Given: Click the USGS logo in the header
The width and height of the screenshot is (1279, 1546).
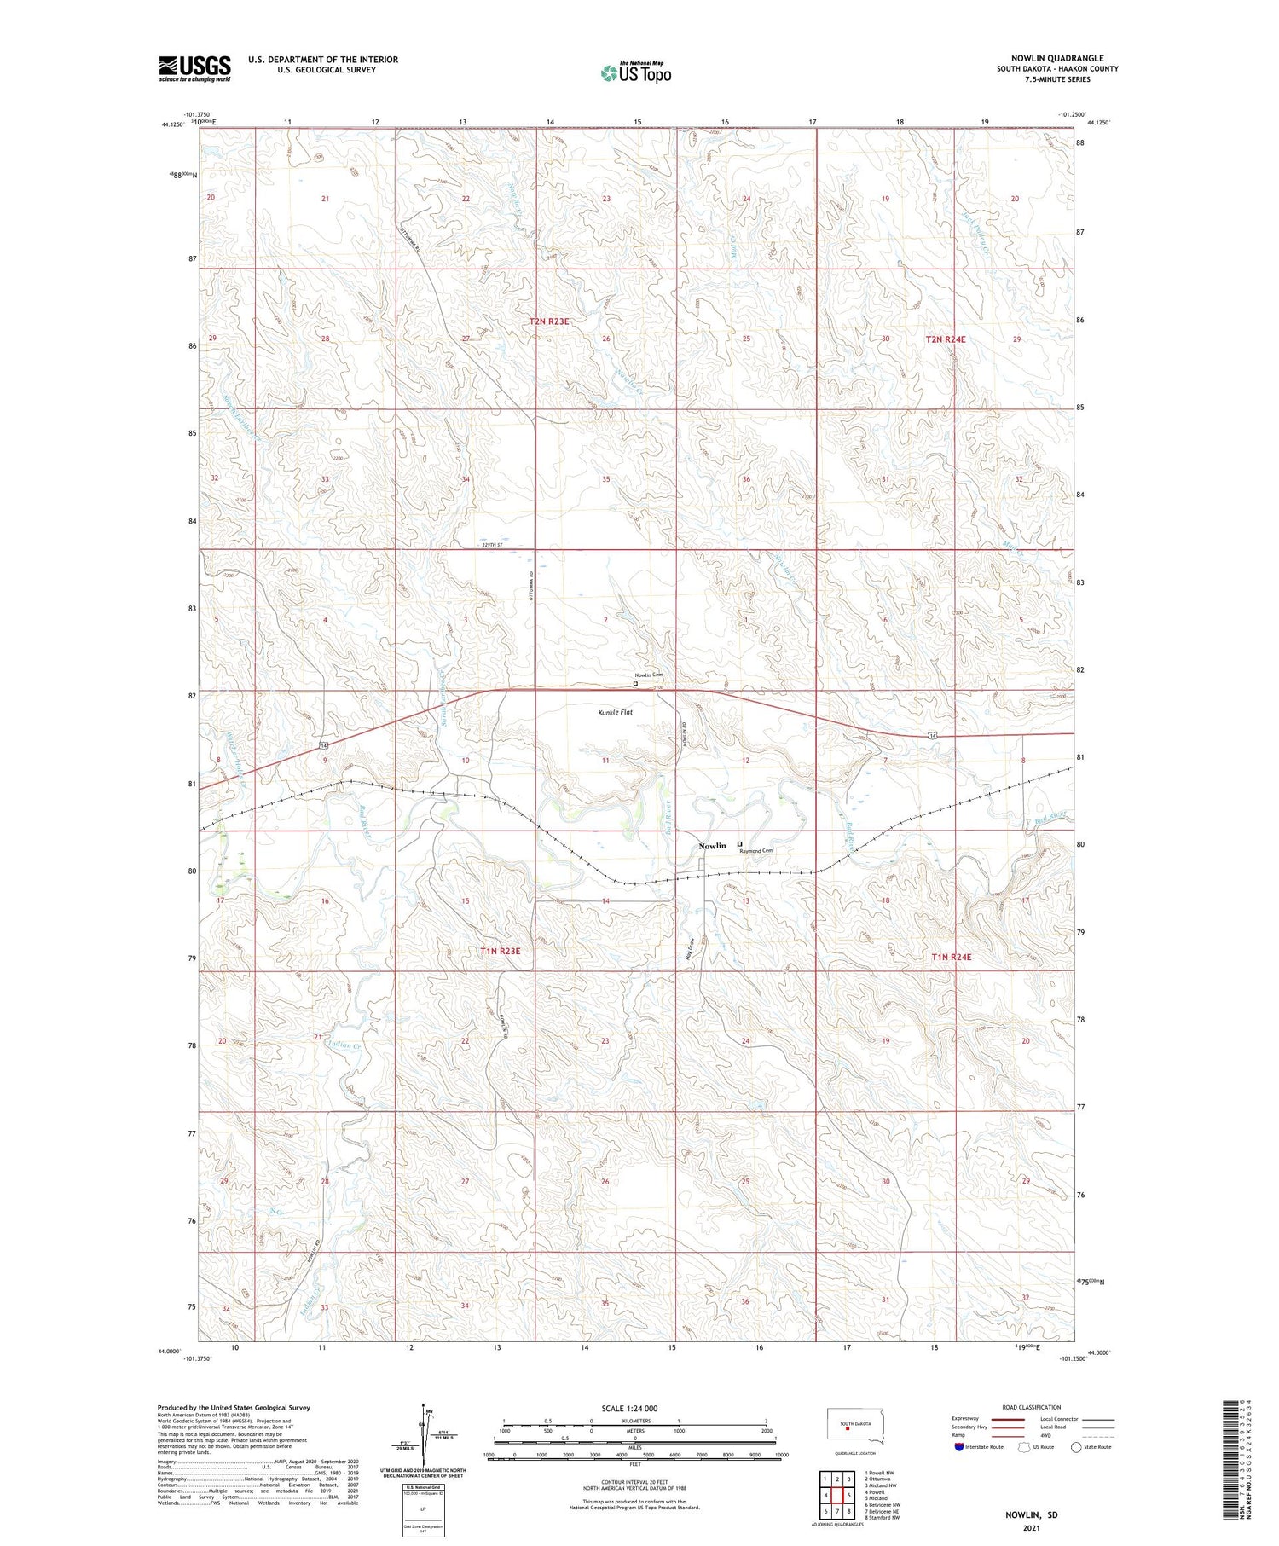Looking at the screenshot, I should [194, 68].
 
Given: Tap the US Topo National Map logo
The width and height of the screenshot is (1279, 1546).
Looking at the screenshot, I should [636, 72].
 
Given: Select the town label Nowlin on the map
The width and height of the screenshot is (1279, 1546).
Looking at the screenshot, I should [712, 846].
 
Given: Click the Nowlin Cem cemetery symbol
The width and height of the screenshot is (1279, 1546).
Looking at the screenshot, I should [634, 683].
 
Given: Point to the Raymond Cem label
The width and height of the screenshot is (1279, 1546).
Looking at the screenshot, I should [756, 851].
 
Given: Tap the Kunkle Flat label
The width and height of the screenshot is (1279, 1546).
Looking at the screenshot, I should [614, 711].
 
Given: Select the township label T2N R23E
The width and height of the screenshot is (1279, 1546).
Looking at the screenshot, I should [548, 321].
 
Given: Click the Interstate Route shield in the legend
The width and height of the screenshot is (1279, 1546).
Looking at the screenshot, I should [959, 1446].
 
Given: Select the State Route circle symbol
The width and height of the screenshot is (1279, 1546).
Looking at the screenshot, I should [1076, 1446].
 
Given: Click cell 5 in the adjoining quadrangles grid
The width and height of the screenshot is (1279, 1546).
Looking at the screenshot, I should [849, 1495].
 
